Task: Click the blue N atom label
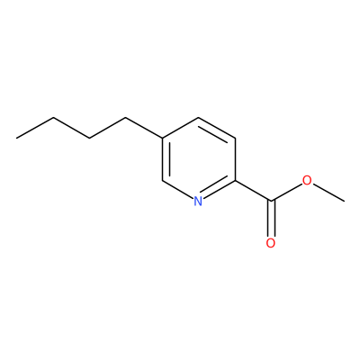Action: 198,201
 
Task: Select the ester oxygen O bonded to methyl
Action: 307,180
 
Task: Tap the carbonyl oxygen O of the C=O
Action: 271,243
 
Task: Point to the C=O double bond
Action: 271,219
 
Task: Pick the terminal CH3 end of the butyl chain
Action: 17,138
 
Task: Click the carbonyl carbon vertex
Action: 271,201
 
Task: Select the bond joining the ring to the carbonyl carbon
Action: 253,191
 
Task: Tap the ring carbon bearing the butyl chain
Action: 162,138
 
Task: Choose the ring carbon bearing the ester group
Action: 235,181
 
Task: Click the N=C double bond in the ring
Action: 219,189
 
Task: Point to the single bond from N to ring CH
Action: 177,189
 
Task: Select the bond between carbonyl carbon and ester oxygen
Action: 286,192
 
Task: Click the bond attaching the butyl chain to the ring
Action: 144,128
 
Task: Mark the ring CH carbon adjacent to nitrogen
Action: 162,181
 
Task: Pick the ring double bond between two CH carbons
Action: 216,129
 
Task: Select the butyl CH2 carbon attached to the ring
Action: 126,117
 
